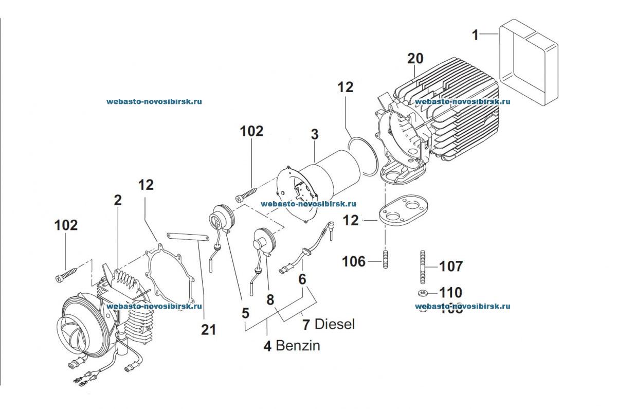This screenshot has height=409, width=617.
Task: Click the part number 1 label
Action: (476, 35)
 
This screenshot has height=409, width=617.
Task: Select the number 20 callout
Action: (415, 59)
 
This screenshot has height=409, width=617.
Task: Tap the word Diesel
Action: (335, 325)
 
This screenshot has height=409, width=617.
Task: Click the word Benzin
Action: (298, 345)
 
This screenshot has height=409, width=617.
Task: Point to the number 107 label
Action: (450, 266)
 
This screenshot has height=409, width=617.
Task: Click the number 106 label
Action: (354, 262)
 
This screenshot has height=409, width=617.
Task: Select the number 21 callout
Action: (209, 330)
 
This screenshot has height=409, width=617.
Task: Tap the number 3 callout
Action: (315, 135)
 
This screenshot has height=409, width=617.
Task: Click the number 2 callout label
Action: (118, 200)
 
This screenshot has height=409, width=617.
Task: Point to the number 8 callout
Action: (270, 299)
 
